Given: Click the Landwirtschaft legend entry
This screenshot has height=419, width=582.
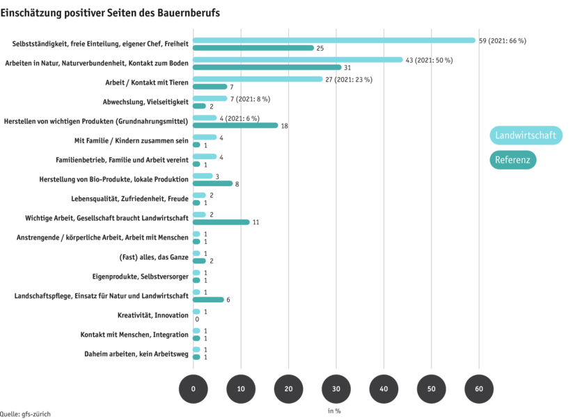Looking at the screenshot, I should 525,135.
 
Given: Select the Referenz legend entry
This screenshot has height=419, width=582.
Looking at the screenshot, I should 512,160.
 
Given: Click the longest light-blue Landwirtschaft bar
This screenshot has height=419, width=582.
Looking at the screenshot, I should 334,40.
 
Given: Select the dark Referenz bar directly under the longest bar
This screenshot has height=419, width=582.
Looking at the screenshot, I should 253,48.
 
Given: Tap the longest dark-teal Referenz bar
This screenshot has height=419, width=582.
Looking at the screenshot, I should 267,67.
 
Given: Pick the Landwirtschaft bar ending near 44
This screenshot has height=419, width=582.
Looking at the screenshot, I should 298,60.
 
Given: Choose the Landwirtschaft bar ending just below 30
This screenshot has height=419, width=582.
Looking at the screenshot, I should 258,79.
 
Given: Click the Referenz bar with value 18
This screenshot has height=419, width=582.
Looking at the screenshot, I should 235,126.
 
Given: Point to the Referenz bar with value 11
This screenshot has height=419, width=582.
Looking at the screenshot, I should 221,222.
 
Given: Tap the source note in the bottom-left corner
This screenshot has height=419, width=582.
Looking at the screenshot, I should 26,413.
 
